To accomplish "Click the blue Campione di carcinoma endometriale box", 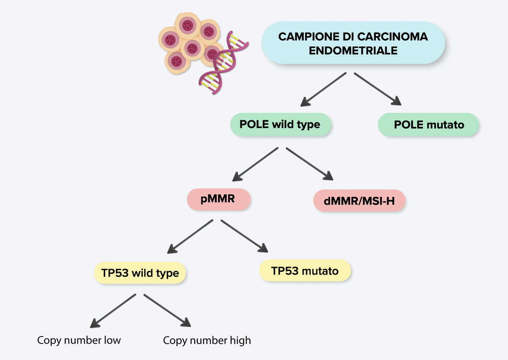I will pos(353,43).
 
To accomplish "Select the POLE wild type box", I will pos(280,125).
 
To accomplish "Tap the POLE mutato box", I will pos(429,125).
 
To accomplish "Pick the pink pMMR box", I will pos(218,199).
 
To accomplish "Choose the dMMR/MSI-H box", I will pos(359,201).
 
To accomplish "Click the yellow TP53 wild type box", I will pos(140,273).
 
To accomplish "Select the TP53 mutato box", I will pos(305,271).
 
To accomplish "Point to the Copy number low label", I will pos(79,340).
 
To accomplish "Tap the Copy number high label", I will pos(207,340).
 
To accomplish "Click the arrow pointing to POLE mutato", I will pos(377,89).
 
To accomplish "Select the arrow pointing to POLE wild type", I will pos(323,90).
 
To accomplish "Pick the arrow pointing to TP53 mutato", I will pos(244,237).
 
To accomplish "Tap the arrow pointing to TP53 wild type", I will pos(190,237).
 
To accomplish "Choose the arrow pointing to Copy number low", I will pos(113,311).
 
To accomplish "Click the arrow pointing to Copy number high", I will pos(167,310).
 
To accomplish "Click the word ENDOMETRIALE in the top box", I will pos(353,51).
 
